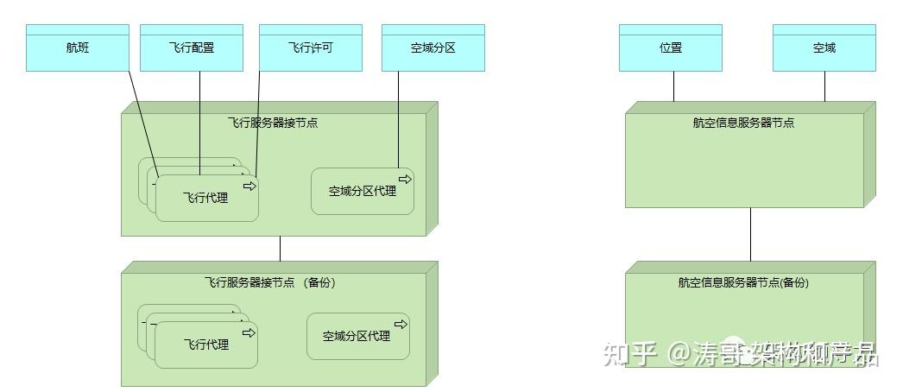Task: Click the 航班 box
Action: [77, 48]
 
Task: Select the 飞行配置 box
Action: [191, 48]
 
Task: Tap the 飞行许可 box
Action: [310, 48]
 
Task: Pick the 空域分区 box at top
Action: [433, 48]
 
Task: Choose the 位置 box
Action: [671, 48]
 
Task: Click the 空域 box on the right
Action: [824, 48]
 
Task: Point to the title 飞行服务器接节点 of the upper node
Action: [272, 123]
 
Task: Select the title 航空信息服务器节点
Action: [743, 123]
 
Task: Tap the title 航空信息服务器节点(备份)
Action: [743, 282]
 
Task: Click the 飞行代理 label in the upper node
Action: [205, 198]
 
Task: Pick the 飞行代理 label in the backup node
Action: [205, 345]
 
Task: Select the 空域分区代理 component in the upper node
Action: [362, 191]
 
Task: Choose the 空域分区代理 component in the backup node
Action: [357, 336]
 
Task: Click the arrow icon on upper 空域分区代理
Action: [405, 179]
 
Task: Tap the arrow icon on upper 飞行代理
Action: [249, 186]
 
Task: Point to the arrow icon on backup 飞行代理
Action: [249, 332]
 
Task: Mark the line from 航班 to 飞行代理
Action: [143, 120]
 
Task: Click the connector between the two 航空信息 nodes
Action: [750, 233]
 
